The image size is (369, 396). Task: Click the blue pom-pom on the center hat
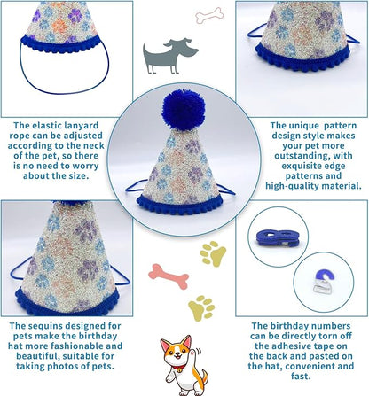tap(184, 110)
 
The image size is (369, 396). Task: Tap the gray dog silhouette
tap(169, 56)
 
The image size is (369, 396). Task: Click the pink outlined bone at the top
tap(209, 15)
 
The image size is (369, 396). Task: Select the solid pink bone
tap(169, 276)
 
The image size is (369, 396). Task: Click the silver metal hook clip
tap(321, 285)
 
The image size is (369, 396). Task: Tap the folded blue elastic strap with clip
tap(278, 238)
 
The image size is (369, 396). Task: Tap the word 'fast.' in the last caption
tap(301, 377)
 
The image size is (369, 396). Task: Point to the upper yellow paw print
tap(213, 253)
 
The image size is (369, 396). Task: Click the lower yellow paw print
tap(201, 308)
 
